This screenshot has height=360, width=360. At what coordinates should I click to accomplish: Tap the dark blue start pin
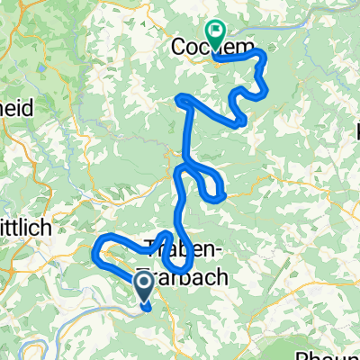[x=144, y=289]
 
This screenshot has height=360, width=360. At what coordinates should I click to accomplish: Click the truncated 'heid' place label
[x=17, y=107]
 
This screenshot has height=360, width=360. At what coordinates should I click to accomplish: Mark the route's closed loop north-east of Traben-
[x=213, y=186]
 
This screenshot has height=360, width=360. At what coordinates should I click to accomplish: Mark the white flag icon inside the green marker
[x=216, y=31]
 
